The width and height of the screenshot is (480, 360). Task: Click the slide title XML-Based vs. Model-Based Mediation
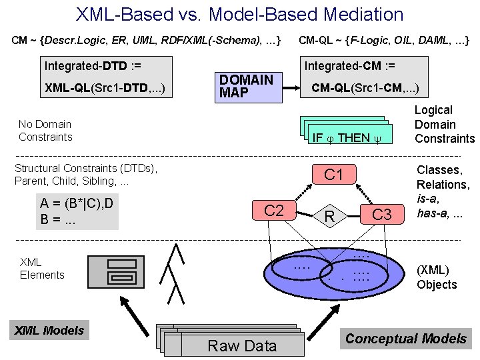pyautogui.click(x=240, y=14)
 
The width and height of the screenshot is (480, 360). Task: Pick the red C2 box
pyautogui.click(x=274, y=211)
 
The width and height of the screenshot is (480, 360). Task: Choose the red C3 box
pyautogui.click(x=382, y=214)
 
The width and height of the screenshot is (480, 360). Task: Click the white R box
pyautogui.click(x=329, y=215)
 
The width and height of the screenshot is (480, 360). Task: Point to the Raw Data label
pyautogui.click(x=242, y=345)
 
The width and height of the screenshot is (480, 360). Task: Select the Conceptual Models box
pyautogui.click(x=405, y=339)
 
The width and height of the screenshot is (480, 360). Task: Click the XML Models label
pyautogui.click(x=50, y=330)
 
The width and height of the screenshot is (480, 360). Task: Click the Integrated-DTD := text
pyautogui.click(x=93, y=65)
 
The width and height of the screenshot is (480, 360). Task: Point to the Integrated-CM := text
pyautogui.click(x=349, y=65)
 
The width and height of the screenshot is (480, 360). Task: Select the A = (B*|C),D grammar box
pyautogui.click(x=76, y=211)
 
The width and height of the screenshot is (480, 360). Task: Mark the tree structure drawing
pyautogui.click(x=176, y=273)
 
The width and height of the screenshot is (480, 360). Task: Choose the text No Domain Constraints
pyautogui.click(x=45, y=130)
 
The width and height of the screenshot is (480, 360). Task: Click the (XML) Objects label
pyautogui.click(x=437, y=277)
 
